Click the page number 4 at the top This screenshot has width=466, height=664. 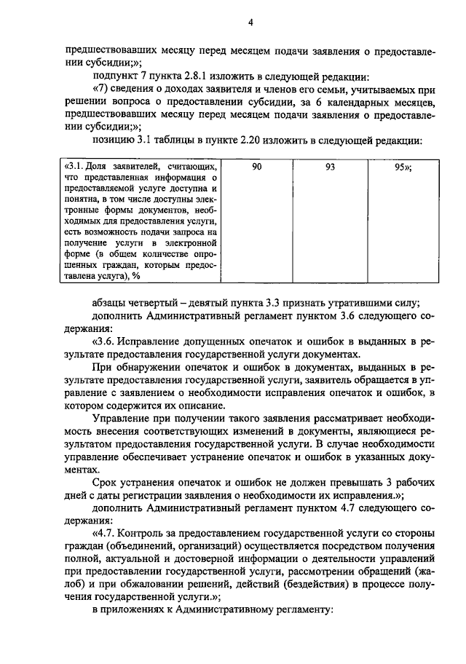click(x=250, y=23)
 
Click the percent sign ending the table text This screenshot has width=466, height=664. click(x=136, y=275)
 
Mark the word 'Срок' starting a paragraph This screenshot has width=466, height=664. click(x=104, y=483)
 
